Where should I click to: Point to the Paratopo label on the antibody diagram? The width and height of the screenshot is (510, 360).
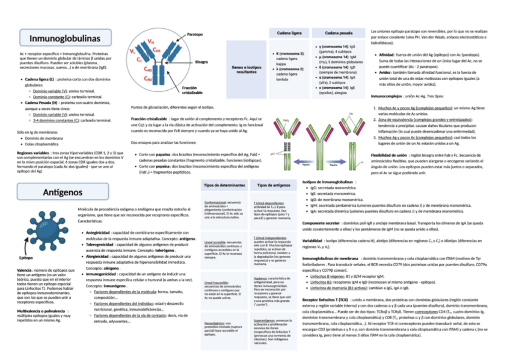coord(194,34)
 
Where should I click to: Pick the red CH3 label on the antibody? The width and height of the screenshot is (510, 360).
coord(148,79)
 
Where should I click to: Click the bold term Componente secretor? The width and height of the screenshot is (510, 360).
coord(320,223)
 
